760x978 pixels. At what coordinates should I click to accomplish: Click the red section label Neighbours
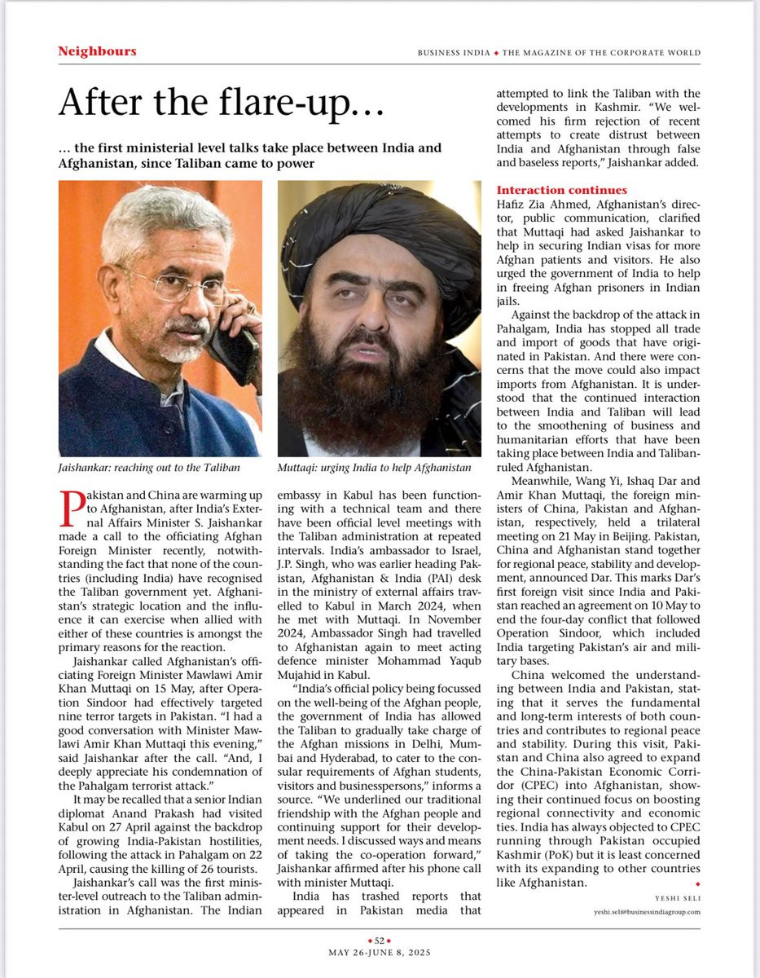97,51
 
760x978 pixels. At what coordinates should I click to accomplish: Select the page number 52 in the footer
380,940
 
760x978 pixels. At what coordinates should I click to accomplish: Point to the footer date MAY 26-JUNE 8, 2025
380,952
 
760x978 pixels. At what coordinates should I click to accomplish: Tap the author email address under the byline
648,912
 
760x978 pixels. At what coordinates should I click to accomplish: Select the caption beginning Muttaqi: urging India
375,467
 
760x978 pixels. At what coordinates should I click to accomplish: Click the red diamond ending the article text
696,883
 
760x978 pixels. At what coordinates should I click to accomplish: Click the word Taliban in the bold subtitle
192,163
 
